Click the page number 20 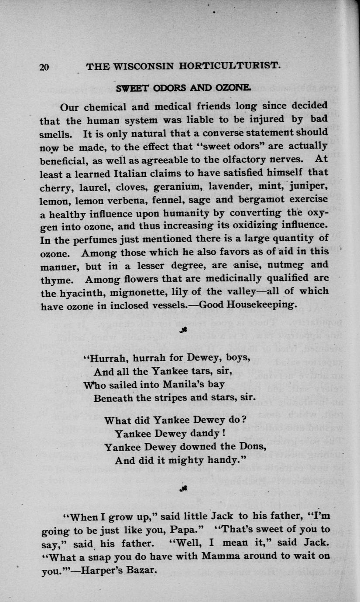pos(45,67)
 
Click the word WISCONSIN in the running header pos(140,67)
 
